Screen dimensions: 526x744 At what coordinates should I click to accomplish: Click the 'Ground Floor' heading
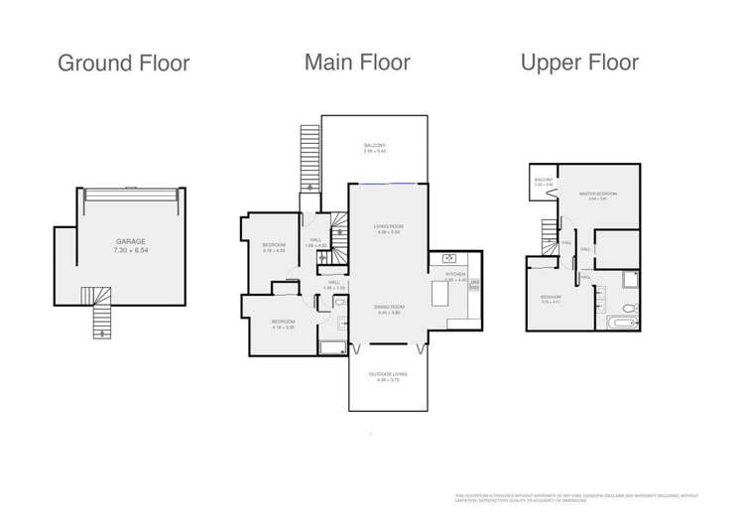pyautogui.click(x=123, y=64)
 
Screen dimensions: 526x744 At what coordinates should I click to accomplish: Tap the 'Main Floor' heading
pyautogui.click(x=357, y=63)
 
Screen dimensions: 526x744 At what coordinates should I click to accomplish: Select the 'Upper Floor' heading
pyautogui.click(x=579, y=63)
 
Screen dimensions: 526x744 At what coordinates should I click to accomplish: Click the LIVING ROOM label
pyautogui.click(x=388, y=227)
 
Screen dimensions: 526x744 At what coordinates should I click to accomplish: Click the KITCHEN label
pyautogui.click(x=455, y=274)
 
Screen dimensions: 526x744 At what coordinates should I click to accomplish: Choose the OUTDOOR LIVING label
pyautogui.click(x=388, y=374)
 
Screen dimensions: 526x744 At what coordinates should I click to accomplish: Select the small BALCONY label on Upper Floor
pyautogui.click(x=543, y=180)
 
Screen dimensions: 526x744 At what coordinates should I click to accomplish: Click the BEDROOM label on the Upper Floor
pyautogui.click(x=552, y=296)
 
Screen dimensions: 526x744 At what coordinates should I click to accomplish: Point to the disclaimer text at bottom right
pyautogui.click(x=576, y=497)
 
